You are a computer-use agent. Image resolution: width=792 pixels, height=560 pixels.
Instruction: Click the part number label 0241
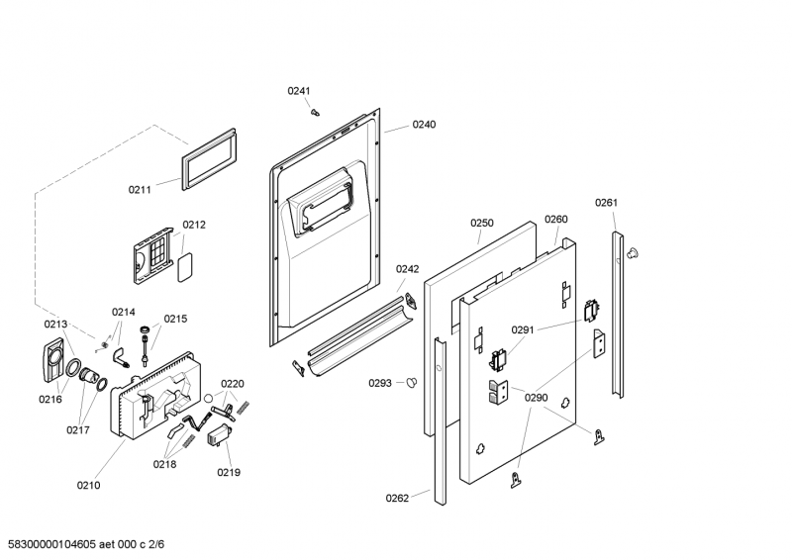click(x=299, y=91)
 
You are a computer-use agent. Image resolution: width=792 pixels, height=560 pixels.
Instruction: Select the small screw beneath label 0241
click(x=316, y=112)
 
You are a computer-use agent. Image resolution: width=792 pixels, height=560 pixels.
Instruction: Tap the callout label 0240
click(x=424, y=125)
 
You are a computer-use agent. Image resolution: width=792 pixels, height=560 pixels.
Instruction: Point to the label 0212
click(x=194, y=225)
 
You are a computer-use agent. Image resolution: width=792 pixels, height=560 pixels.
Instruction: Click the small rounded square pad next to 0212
click(x=183, y=262)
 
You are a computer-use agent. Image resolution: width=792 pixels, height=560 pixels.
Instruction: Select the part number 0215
click(x=175, y=319)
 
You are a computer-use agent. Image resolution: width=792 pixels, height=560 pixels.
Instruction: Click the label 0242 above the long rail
click(x=408, y=268)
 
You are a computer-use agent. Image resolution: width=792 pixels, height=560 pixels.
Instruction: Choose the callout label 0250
click(x=481, y=224)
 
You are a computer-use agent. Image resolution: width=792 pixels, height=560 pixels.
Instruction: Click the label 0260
click(x=556, y=219)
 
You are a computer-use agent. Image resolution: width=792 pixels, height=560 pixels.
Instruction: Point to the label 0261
click(x=606, y=203)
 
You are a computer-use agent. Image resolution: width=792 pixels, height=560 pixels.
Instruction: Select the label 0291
click(x=523, y=329)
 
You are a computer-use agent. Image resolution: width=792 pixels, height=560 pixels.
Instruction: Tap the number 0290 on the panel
click(x=536, y=398)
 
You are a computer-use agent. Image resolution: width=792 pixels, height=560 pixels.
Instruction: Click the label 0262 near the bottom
click(x=397, y=498)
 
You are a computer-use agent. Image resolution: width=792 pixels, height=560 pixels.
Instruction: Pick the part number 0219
click(x=229, y=473)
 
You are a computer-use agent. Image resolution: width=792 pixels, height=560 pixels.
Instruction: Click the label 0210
click(x=88, y=485)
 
